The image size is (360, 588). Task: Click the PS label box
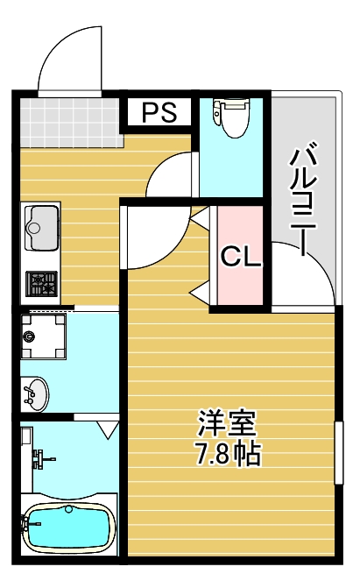point(159,111)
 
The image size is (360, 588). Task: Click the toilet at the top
point(233,117)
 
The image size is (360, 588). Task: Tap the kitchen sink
point(40,226)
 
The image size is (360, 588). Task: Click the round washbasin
point(34,393)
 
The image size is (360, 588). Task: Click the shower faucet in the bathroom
point(39,457)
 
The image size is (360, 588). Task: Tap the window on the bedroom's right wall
point(337,451)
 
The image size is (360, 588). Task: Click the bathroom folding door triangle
point(109,430)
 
